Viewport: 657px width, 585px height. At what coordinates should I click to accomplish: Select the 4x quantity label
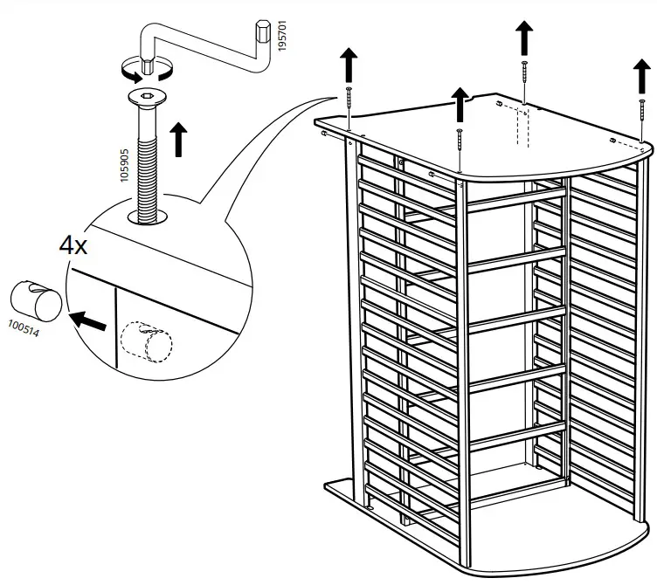tap(73, 245)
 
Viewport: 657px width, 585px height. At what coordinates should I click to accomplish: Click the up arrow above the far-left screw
tap(348, 65)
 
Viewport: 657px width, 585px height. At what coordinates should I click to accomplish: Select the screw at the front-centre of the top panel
tap(460, 145)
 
